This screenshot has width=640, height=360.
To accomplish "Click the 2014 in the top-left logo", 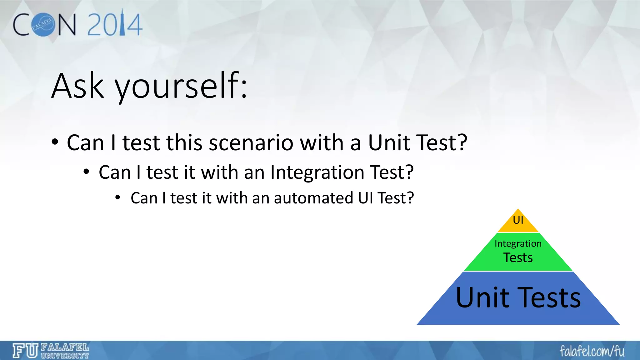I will tap(114, 24).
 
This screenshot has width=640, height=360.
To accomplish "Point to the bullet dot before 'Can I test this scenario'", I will tap(55, 142).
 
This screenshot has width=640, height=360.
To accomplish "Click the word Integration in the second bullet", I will tap(317, 172).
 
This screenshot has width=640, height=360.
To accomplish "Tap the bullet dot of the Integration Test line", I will tap(87, 172).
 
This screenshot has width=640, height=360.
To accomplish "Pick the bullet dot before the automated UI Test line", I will tap(117, 198).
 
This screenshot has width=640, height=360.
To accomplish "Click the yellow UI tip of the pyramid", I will tap(518, 221).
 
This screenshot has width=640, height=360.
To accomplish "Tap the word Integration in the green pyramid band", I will tap(518, 243).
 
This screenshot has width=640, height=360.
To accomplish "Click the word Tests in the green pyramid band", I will tap(518, 258).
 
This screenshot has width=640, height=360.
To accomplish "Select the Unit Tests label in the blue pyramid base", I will tap(518, 297).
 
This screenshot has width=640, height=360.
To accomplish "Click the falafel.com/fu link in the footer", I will tap(592, 351).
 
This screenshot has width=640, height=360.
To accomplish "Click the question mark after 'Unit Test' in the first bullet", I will tap(462, 143).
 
